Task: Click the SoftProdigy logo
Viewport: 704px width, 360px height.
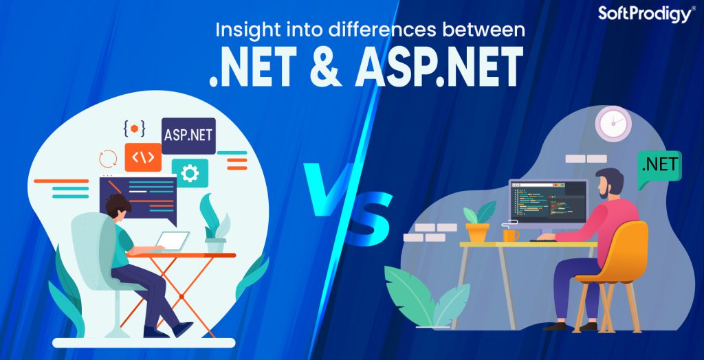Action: click(x=646, y=13)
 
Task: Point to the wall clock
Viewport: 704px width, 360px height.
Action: click(x=613, y=124)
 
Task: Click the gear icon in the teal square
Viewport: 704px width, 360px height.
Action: click(x=190, y=172)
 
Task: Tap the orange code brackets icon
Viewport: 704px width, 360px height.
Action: click(x=143, y=157)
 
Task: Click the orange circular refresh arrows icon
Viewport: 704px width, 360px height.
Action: click(x=108, y=159)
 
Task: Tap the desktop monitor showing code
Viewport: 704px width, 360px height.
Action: click(x=548, y=202)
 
